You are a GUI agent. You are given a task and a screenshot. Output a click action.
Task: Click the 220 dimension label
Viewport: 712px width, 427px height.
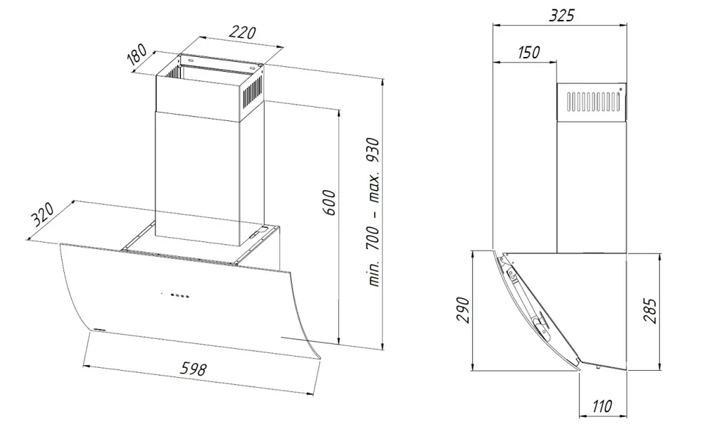coord(242,32)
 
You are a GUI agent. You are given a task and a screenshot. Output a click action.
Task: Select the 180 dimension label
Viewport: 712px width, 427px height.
coord(137,55)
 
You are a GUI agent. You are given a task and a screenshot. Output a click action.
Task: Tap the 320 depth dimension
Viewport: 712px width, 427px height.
coord(42,214)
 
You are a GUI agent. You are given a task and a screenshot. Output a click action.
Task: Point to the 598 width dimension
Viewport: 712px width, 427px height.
coord(194,368)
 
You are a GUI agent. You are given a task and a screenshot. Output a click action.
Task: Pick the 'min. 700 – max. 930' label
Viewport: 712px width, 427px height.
coord(373,211)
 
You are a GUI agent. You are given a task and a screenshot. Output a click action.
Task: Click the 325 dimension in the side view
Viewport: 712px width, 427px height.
coord(561,15)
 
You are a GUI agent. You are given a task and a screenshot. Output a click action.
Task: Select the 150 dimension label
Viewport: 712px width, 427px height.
coord(528,52)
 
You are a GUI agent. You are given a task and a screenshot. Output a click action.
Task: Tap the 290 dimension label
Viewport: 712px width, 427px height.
coord(462,310)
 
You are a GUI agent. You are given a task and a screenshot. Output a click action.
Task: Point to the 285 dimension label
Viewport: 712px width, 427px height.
coord(650,310)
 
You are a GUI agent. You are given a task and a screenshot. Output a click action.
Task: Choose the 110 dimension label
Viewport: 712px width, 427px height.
coord(602,406)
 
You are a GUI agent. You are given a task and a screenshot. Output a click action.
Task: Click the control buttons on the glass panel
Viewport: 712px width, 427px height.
coord(175,295)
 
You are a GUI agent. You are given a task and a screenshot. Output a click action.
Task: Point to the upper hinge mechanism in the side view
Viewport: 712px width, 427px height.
coord(508,268)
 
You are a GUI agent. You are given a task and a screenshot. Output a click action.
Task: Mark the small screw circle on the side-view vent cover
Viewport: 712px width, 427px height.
coord(620,90)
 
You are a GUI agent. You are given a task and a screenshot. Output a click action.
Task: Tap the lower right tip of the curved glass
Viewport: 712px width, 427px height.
coord(320,359)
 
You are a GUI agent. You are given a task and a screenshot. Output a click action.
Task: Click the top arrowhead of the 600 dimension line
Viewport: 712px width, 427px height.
coord(339,112)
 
